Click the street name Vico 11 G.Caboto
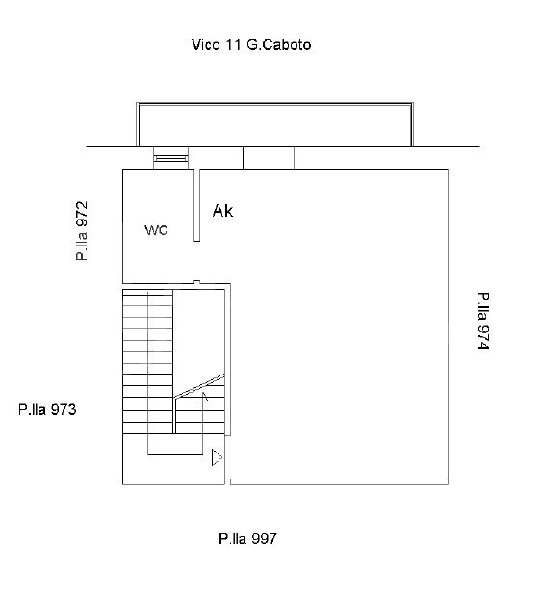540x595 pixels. point(251,45)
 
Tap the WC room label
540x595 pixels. point(156,230)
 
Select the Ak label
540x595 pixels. point(222,211)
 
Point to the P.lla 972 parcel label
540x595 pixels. point(82,231)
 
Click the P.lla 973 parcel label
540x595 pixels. point(47,409)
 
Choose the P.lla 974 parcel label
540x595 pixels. point(483,321)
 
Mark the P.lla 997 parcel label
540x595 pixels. point(247,539)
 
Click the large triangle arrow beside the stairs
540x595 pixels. point(217,457)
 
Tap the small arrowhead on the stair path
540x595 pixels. point(204,397)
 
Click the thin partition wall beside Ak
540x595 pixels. point(197,205)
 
